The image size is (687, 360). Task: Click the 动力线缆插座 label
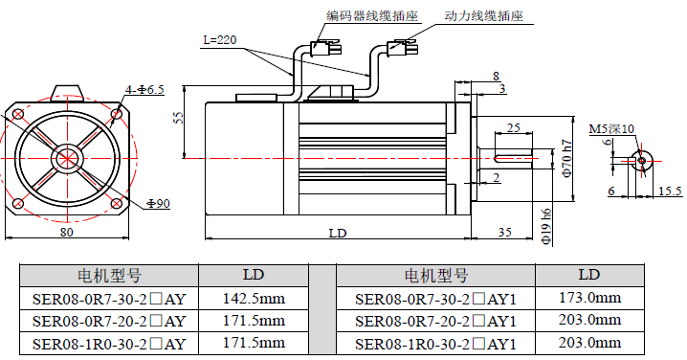tap(484, 16)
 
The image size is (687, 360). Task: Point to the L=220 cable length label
tap(220, 40)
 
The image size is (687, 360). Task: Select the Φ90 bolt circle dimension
tap(158, 204)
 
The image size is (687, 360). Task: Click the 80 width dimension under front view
tap(67, 231)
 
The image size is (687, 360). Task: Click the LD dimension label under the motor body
tap(337, 233)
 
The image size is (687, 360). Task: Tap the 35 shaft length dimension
tap(506, 232)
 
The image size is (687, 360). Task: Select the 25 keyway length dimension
tap(513, 127)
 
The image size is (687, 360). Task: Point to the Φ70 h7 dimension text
tap(566, 157)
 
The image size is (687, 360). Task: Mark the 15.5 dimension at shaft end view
tap(670, 191)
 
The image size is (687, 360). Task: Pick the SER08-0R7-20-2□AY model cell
tap(109, 321)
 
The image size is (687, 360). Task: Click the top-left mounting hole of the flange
tap(18, 114)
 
